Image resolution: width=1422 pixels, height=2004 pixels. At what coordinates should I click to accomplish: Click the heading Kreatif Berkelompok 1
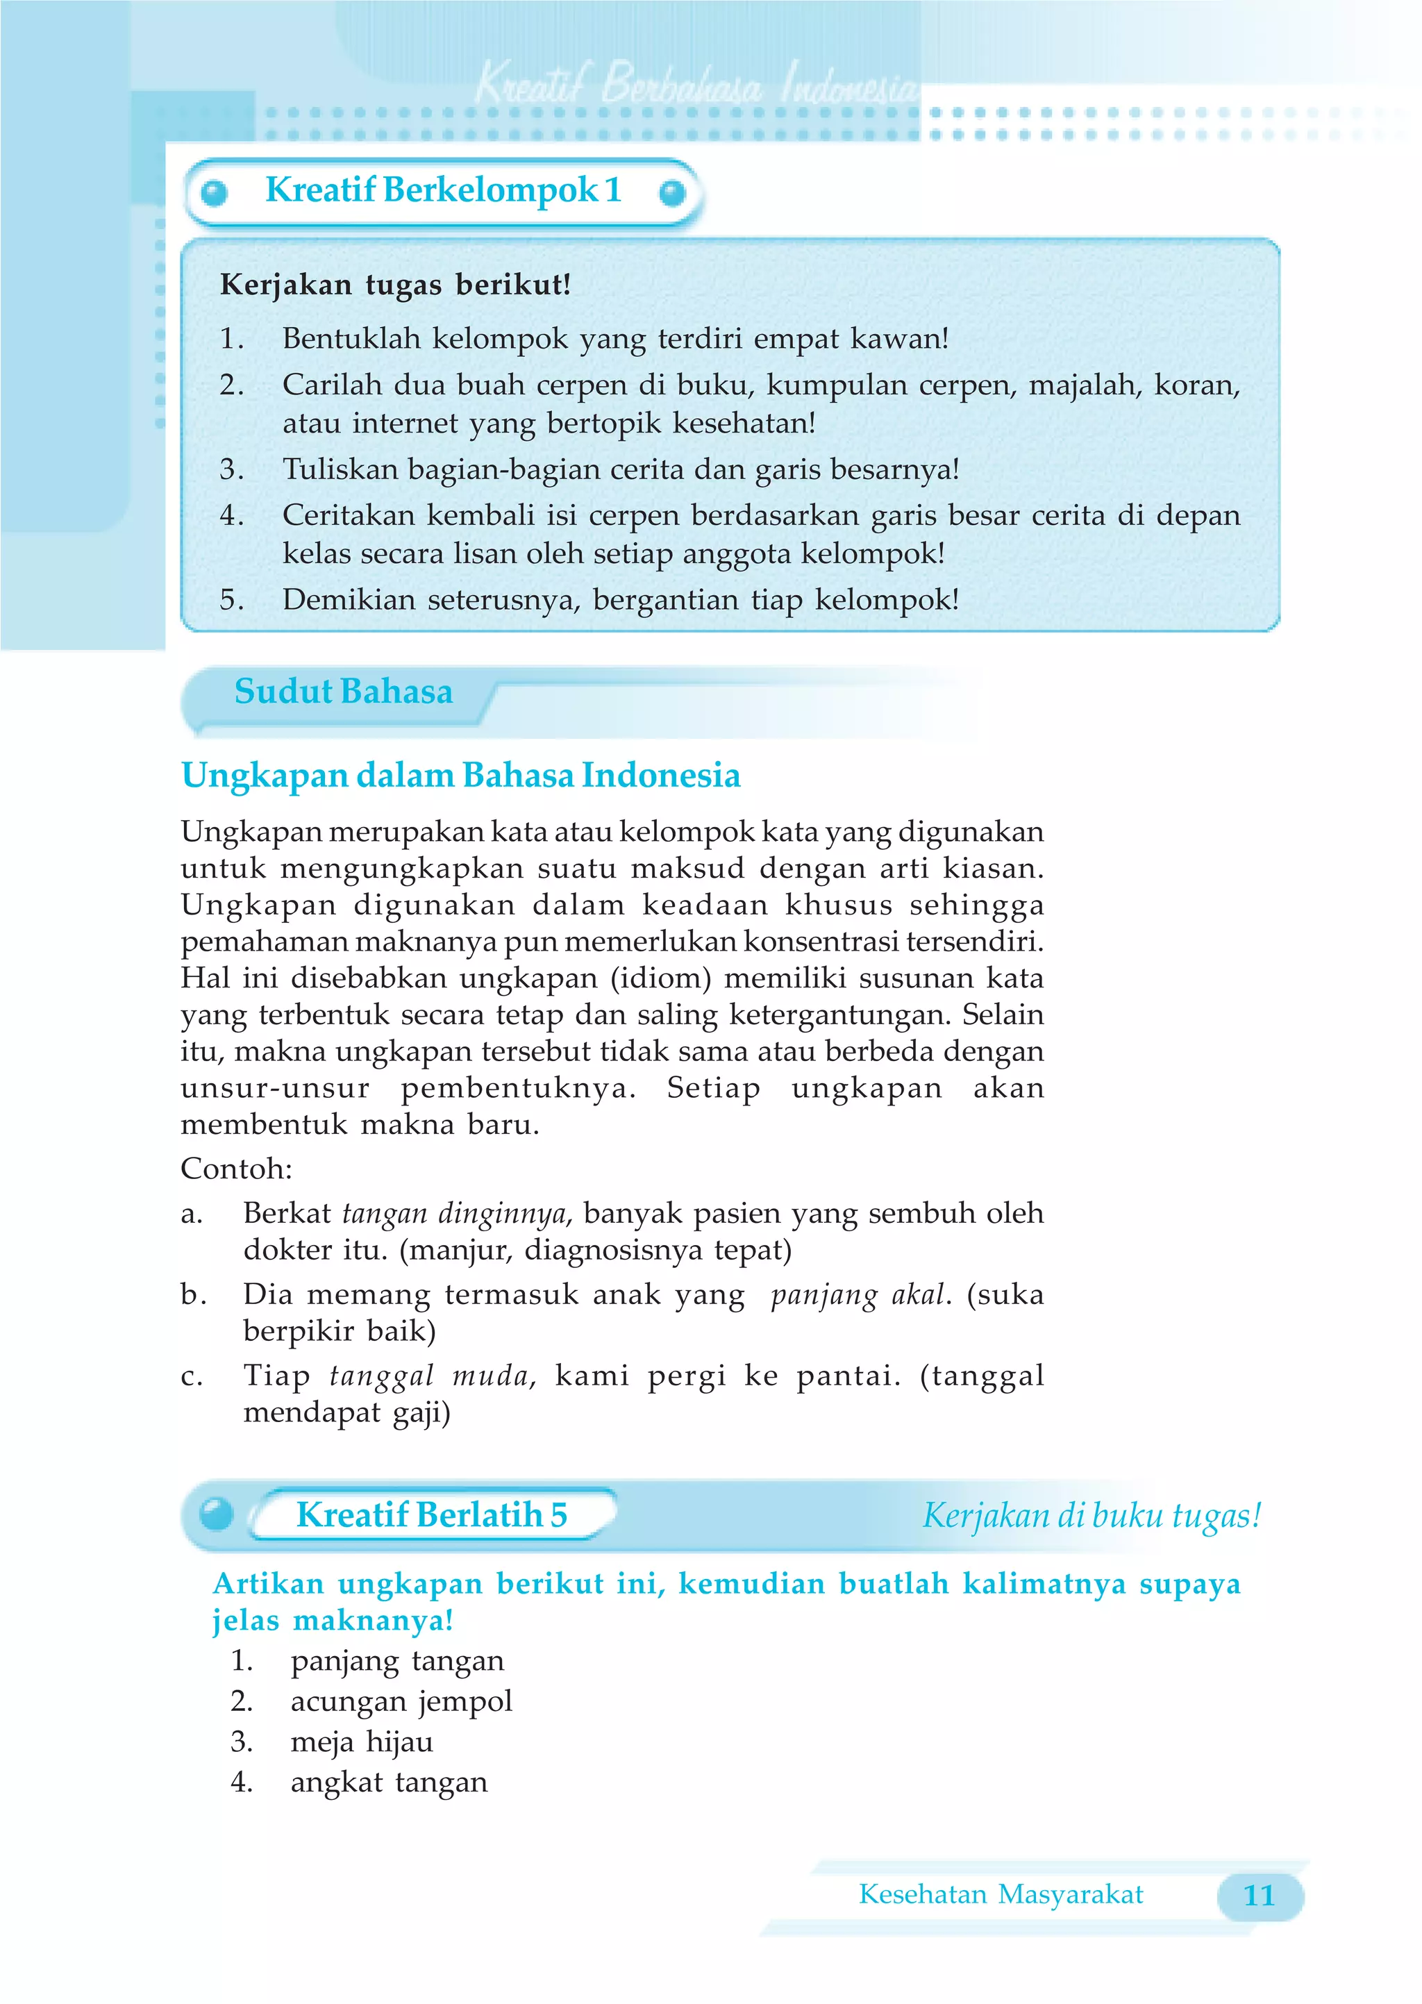[443, 190]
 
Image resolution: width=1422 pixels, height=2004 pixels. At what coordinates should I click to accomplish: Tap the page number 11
[1258, 1896]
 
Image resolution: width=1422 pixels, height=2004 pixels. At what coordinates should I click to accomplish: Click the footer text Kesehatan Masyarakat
[1000, 1894]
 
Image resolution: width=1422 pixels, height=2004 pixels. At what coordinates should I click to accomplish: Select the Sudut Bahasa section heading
[343, 692]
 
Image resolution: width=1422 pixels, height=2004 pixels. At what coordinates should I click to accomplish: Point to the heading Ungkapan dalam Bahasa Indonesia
[460, 776]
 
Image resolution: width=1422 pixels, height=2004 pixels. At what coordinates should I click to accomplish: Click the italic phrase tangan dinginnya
[455, 1213]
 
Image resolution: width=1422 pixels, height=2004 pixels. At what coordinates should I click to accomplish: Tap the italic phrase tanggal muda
[430, 1376]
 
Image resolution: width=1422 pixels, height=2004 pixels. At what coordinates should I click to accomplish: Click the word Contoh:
[236, 1169]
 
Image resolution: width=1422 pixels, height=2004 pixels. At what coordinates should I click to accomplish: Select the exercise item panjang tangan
[396, 1661]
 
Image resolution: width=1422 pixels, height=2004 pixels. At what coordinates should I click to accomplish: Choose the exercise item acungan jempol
[401, 1701]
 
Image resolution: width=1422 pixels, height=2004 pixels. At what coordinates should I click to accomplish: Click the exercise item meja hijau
[362, 1742]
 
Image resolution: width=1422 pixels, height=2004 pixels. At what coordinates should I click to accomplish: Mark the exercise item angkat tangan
[389, 1782]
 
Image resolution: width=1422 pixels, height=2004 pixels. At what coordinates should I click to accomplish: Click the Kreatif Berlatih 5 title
[432, 1514]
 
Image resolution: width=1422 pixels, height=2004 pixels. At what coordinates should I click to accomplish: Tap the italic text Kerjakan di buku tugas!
[1091, 1515]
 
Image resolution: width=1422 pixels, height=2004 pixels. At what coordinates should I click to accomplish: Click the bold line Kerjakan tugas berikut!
[395, 285]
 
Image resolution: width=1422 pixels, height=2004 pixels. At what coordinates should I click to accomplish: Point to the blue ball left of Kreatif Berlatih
[216, 1514]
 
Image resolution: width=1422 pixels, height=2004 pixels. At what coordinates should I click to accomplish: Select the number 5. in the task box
[231, 600]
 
